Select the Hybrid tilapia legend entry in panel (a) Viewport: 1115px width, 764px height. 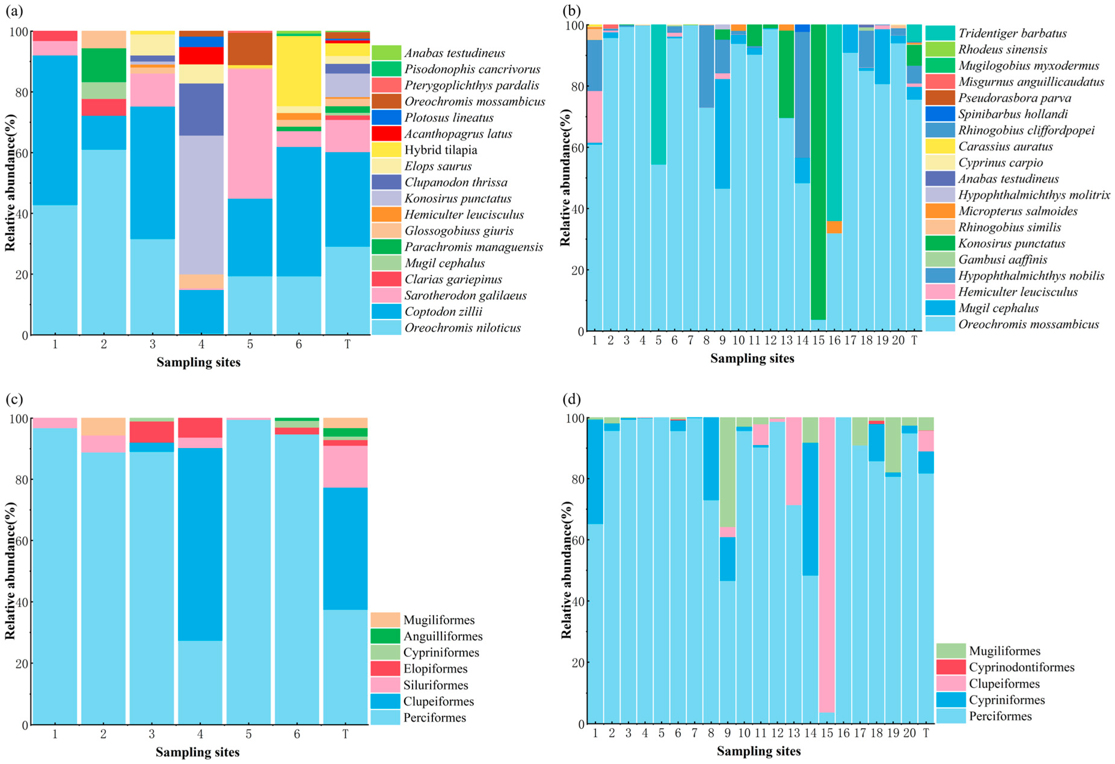point(441,150)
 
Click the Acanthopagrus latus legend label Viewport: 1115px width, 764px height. point(458,134)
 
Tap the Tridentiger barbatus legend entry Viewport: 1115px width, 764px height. point(1012,33)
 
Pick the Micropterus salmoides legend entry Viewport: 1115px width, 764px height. point(1018,211)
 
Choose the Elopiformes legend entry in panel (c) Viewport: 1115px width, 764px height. point(435,668)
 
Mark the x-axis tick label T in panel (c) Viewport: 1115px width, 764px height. point(345,734)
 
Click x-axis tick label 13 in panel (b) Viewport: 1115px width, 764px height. point(786,341)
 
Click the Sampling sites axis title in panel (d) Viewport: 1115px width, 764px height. point(759,751)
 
